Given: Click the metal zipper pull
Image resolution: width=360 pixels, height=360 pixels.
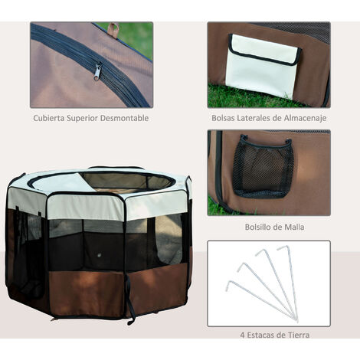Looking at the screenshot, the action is pyautogui.click(x=97, y=71).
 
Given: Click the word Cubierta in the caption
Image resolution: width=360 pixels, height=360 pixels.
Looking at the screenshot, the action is pyautogui.click(x=49, y=118).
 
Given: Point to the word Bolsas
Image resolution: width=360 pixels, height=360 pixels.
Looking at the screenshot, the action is pyautogui.click(x=223, y=118).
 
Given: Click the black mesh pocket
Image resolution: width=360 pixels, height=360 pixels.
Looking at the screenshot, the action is pyautogui.click(x=263, y=166).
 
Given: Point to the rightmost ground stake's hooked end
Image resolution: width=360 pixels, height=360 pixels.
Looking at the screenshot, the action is pyautogui.click(x=283, y=247).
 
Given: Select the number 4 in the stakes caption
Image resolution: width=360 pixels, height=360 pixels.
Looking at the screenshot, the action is pyautogui.click(x=242, y=335).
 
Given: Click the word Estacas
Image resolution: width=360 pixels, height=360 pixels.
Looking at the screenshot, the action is pyautogui.click(x=261, y=335).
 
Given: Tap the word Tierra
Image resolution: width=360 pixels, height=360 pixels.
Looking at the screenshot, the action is pyautogui.click(x=299, y=335).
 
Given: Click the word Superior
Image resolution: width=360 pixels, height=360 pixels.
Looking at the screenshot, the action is pyautogui.click(x=82, y=119).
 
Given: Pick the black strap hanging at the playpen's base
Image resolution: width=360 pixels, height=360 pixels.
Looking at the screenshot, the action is pyautogui.click(x=131, y=299).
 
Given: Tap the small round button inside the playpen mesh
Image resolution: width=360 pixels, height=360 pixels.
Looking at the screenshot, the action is pyautogui.click(x=100, y=254).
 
